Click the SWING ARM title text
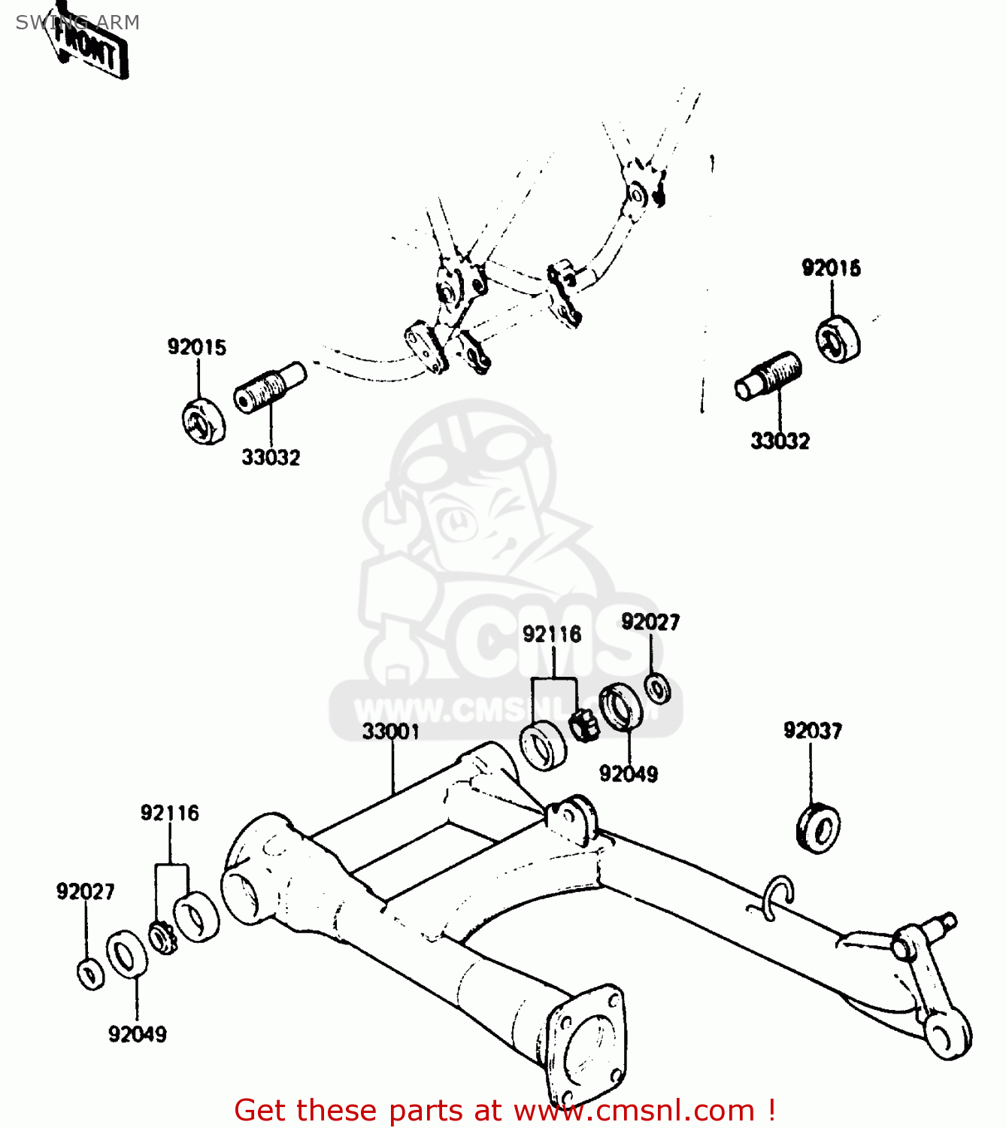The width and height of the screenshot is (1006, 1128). [x=77, y=23]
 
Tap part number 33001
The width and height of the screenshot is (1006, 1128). [x=390, y=732]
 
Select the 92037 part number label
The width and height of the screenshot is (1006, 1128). [x=813, y=730]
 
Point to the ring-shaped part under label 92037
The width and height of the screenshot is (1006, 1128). [x=818, y=829]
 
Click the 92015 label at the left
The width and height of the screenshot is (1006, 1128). [x=196, y=347]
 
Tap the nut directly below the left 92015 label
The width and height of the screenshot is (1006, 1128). [x=203, y=422]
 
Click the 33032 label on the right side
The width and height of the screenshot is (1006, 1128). [x=780, y=441]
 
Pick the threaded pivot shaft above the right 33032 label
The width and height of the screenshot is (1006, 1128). [x=768, y=377]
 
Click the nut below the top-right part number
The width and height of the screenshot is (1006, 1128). [x=838, y=340]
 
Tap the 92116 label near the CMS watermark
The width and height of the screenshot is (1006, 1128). [x=552, y=635]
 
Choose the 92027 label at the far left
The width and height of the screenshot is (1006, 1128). [x=86, y=892]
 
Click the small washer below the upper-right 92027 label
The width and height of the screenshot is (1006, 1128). [x=658, y=688]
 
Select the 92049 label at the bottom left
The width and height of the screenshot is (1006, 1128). [x=138, y=1035]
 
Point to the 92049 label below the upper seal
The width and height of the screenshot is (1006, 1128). [x=629, y=774]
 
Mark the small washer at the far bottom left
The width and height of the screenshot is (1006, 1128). [x=91, y=975]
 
